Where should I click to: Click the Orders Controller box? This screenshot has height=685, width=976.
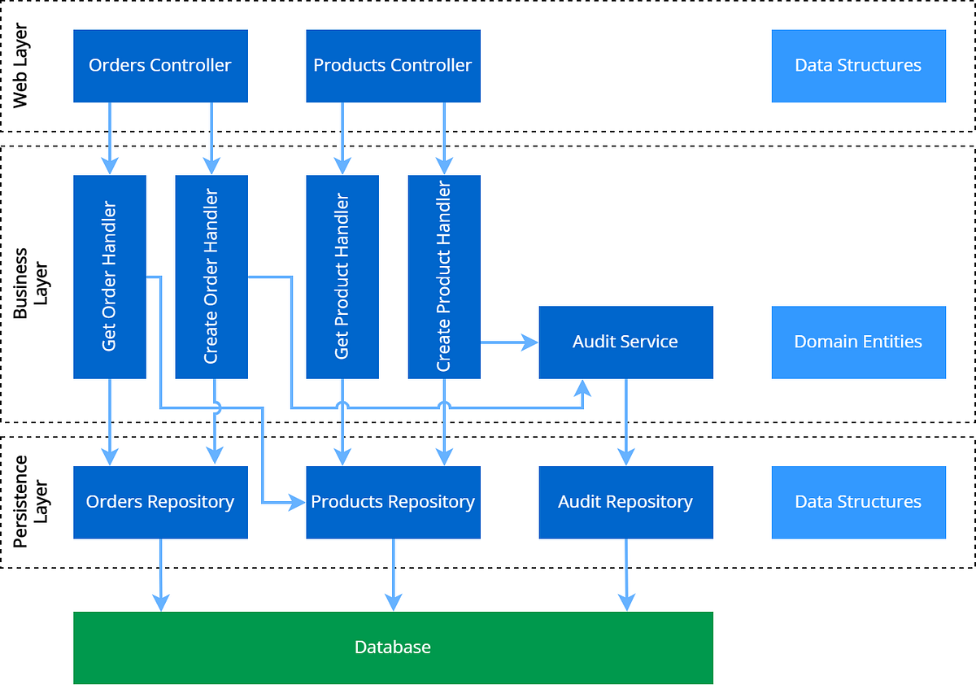coord(160,66)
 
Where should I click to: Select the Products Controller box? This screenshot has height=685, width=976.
coord(393,66)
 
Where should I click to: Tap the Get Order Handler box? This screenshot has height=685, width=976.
coord(110,277)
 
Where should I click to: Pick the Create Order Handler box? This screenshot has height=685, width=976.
coord(211,277)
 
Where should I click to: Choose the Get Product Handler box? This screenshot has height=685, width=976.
coord(342,277)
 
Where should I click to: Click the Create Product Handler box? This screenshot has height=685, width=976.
coord(444,277)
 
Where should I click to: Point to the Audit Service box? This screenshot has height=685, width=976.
coord(625,342)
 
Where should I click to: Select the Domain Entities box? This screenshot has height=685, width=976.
coord(858,342)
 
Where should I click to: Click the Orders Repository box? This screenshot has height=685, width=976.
coord(160,502)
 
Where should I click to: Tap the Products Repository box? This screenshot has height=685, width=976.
coord(393,502)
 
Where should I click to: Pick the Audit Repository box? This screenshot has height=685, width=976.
coord(625,502)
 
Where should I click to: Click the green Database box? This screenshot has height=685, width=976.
coord(393,648)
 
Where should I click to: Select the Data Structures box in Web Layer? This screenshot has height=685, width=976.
coord(858,66)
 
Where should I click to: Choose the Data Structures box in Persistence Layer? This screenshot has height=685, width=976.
coord(858,502)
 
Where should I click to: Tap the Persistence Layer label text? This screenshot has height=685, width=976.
coord(31,502)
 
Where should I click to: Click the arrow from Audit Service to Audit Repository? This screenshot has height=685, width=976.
coord(625,421)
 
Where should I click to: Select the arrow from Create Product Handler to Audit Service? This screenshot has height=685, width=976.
coord(509,342)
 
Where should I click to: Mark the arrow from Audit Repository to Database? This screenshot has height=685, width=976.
coord(625,574)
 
